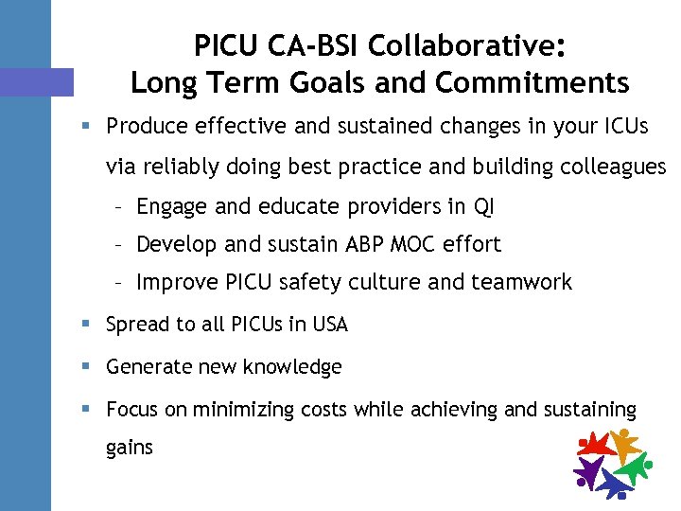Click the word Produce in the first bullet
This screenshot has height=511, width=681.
click(x=143, y=126)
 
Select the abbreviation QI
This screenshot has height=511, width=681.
click(x=484, y=205)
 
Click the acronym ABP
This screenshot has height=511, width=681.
click(x=344, y=244)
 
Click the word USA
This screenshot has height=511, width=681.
click(x=329, y=325)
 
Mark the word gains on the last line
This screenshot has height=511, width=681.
click(x=130, y=448)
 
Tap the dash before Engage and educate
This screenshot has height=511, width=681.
click(x=118, y=205)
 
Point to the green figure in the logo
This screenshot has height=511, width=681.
click(x=631, y=467)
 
